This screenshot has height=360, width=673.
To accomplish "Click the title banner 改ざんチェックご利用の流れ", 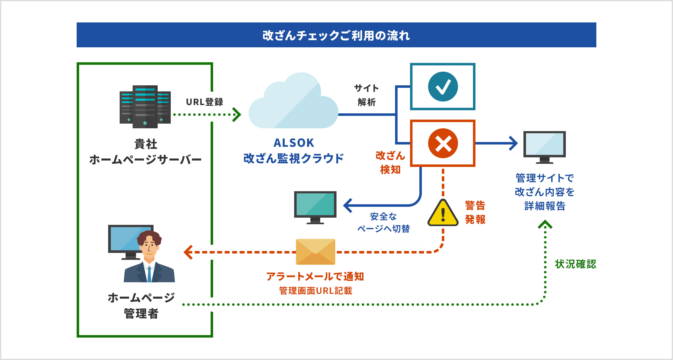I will pyautogui.click(x=336, y=35).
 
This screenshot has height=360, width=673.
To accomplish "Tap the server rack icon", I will pyautogui.click(x=145, y=107).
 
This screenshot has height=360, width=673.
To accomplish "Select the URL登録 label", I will pyautogui.click(x=204, y=102).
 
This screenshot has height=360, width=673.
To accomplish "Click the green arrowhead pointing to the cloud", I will pyautogui.click(x=237, y=115).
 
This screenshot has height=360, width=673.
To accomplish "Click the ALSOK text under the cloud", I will pyautogui.click(x=294, y=143).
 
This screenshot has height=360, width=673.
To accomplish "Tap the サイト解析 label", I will pyautogui.click(x=366, y=95).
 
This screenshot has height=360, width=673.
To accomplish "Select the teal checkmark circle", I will pyautogui.click(x=443, y=87).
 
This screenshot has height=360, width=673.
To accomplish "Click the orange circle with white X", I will pyautogui.click(x=443, y=143).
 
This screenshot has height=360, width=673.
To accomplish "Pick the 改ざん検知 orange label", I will pyautogui.click(x=390, y=162).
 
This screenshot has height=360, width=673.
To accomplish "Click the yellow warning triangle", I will pyautogui.click(x=443, y=213).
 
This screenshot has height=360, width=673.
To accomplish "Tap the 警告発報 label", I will pyautogui.click(x=475, y=212).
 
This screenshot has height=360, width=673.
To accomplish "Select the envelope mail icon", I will pyautogui.click(x=315, y=252).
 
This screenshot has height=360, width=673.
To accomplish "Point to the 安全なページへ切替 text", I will pyautogui.click(x=383, y=222).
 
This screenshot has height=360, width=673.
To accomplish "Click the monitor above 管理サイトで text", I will pyautogui.click(x=544, y=146).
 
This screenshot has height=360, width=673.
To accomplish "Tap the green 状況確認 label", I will pyautogui.click(x=575, y=264).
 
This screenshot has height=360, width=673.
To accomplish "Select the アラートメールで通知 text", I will pyautogui.click(x=315, y=276).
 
